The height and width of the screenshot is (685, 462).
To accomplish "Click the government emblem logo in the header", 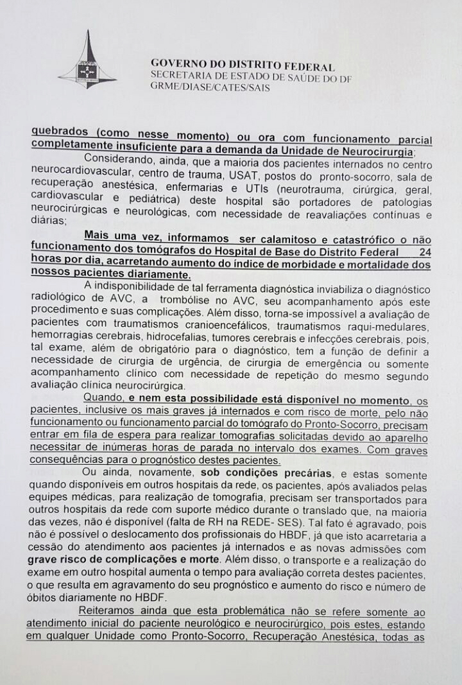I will click(88, 62).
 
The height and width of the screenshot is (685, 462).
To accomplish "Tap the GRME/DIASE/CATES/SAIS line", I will click(210, 87).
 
